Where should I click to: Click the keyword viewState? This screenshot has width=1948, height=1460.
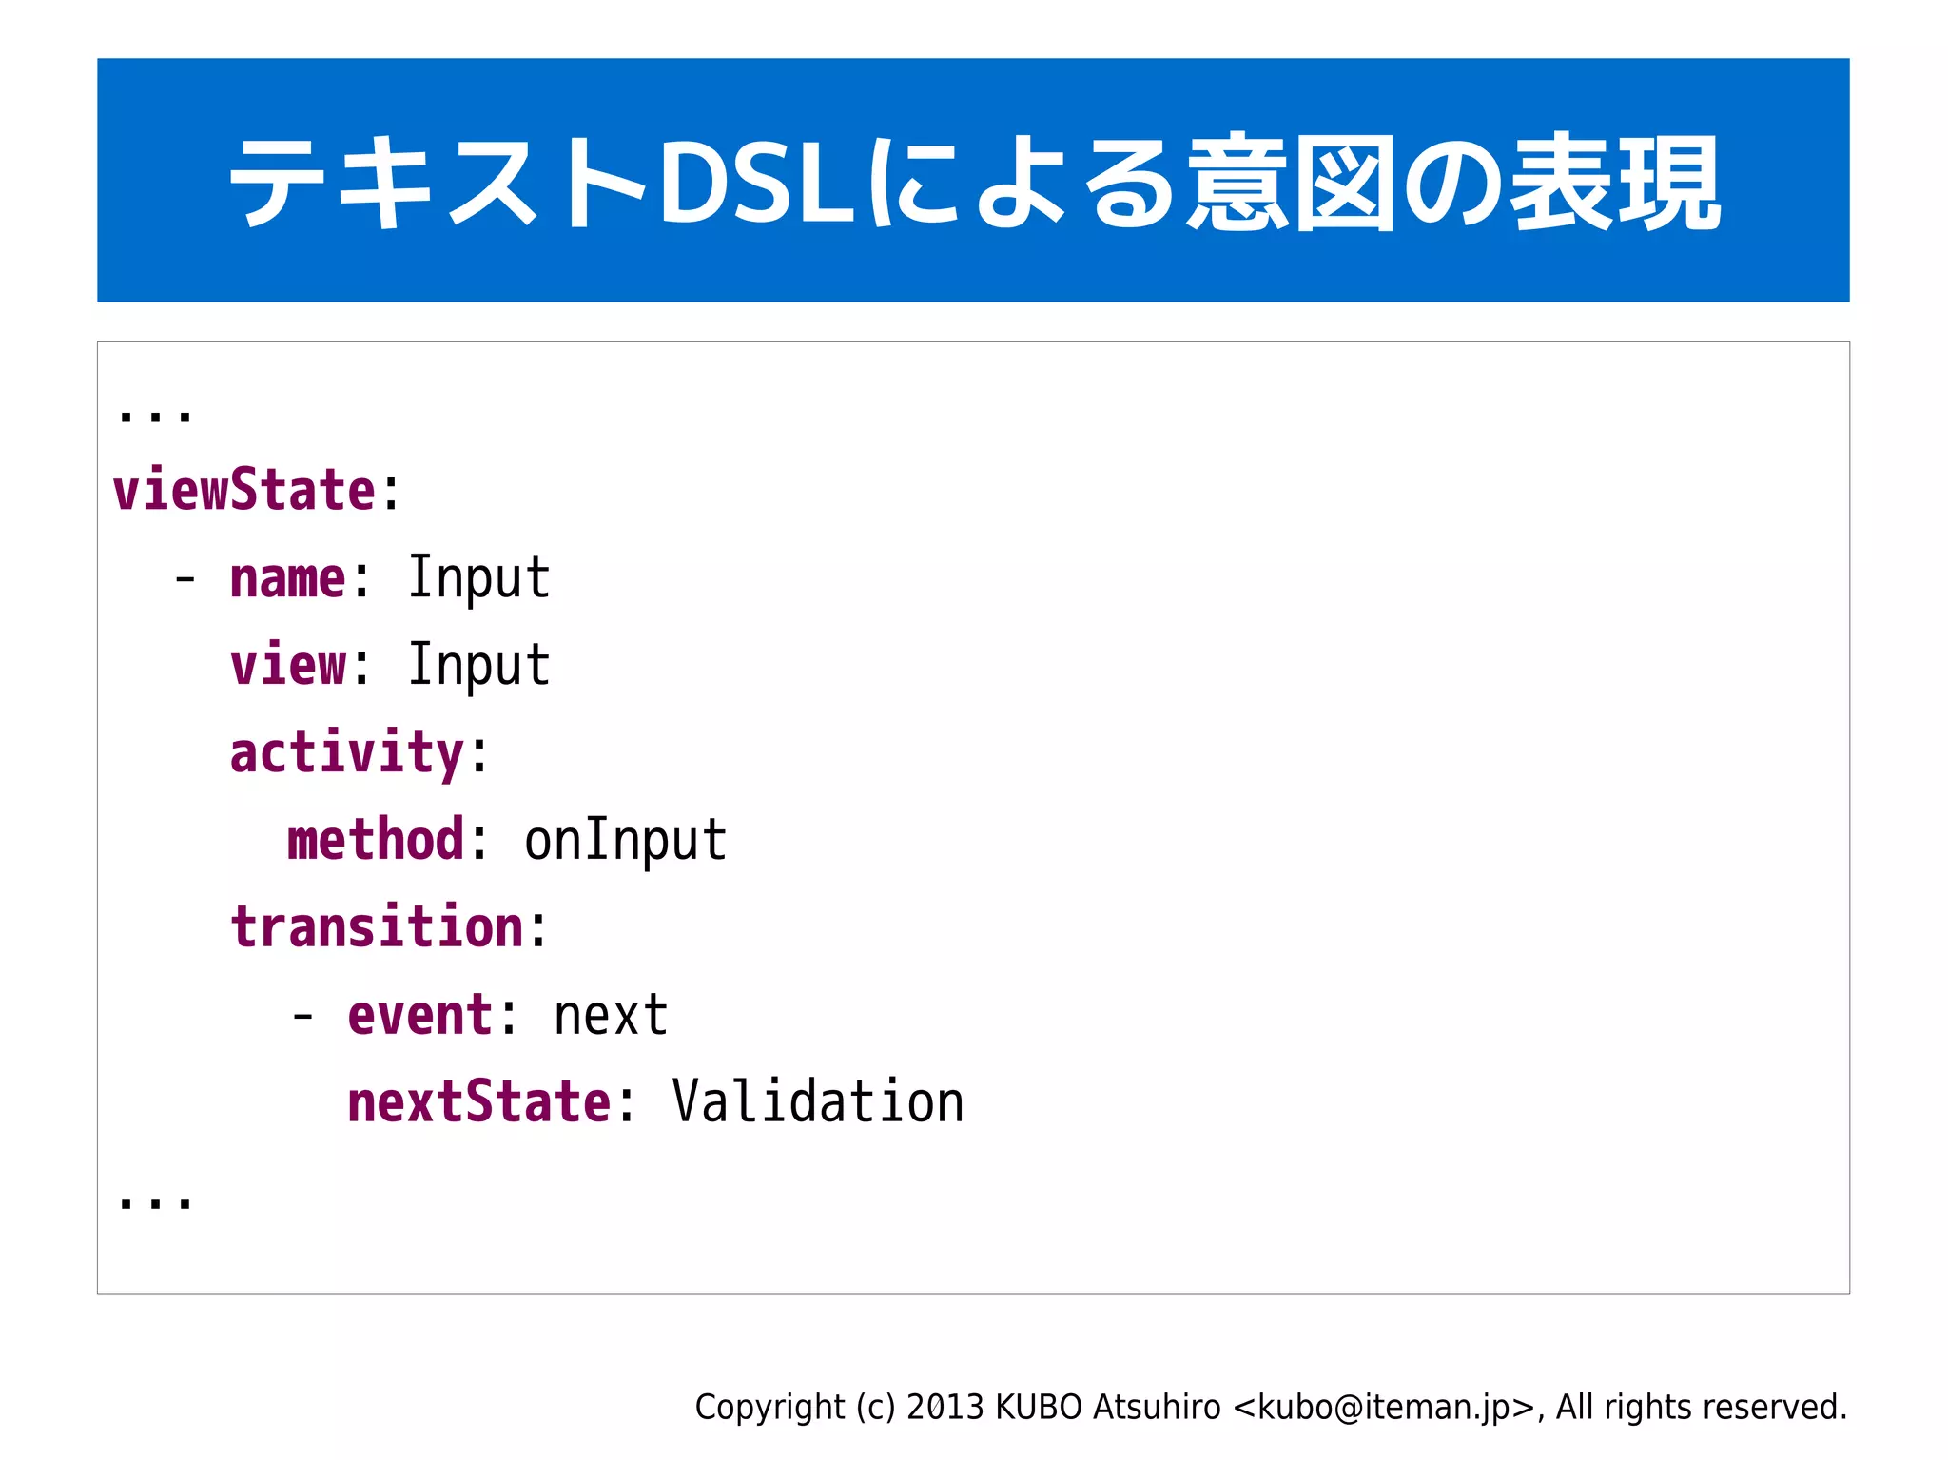244,490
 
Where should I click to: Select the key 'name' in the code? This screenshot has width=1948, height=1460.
287,577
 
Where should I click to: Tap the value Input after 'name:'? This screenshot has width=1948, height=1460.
478,577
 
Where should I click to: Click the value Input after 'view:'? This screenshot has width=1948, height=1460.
478,665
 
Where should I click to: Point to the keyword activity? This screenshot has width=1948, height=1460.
347,752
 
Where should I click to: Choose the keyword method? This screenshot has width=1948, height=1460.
376,840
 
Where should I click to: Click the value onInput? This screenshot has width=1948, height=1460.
625,840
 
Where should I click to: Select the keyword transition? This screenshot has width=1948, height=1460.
377,927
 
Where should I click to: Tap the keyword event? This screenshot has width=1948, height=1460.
420,1015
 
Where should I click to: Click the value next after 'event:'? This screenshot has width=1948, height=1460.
611,1015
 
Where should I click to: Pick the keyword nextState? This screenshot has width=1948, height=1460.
478,1102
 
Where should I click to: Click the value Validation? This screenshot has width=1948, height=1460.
817,1102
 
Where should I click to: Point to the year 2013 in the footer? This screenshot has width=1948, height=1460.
945,1407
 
